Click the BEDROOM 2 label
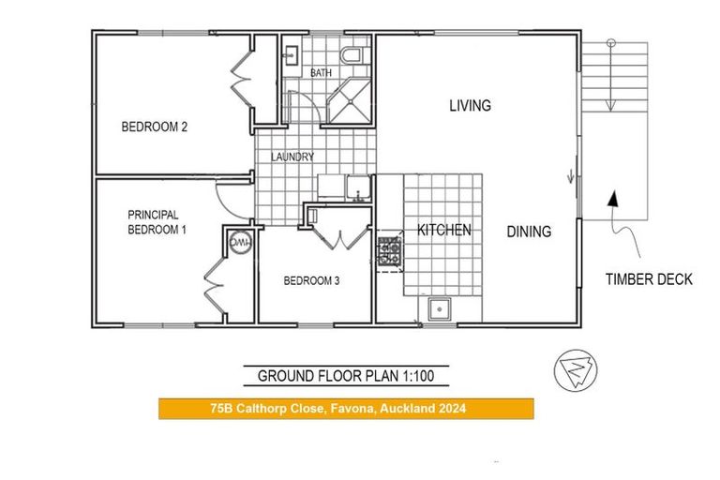(x=155, y=128)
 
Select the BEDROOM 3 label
(x=311, y=279)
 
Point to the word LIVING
(x=470, y=106)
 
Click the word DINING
(x=529, y=232)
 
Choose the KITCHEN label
(x=443, y=230)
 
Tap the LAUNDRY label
(x=292, y=157)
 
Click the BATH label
(x=322, y=73)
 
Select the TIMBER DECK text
(x=649, y=279)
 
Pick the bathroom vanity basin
(x=290, y=54)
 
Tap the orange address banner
(x=346, y=409)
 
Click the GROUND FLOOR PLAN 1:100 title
(x=346, y=377)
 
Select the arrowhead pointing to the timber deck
(x=613, y=199)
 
